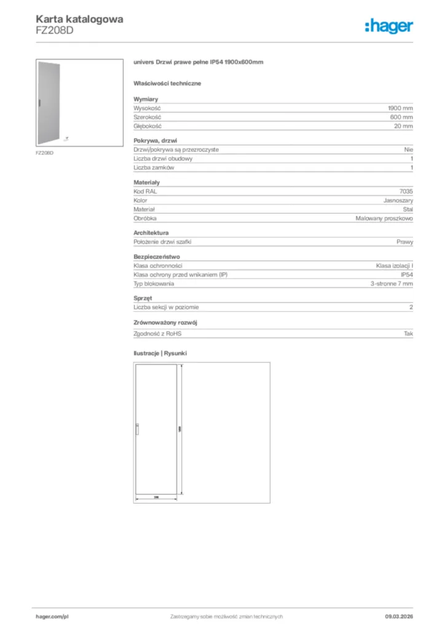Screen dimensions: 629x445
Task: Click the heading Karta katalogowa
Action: pos(79,19)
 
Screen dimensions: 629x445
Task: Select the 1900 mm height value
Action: pos(400,108)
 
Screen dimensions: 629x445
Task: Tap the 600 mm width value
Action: pos(401,117)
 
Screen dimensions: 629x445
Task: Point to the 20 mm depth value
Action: pos(403,126)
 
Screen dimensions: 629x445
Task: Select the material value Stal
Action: pos(408,209)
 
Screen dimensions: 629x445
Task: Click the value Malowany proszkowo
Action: pos(384,219)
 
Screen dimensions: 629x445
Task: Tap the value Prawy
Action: pos(405,242)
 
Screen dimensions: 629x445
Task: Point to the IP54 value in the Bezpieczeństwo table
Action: pos(407,275)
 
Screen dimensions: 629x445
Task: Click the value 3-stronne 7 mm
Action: pos(392,284)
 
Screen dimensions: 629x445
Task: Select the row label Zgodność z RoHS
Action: pos(158,333)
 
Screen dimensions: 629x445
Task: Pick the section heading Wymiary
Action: pos(146,99)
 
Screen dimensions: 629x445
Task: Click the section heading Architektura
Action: pos(151,233)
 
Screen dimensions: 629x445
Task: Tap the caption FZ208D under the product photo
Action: pos(44,152)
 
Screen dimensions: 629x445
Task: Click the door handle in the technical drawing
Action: pos(138,431)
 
